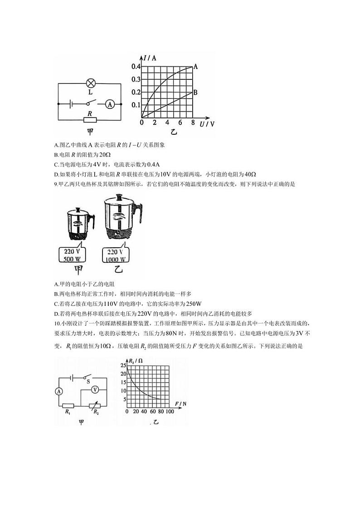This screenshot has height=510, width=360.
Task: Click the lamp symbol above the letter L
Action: (91, 83)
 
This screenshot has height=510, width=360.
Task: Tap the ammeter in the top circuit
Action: (109, 104)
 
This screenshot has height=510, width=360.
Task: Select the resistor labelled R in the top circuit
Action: (90, 120)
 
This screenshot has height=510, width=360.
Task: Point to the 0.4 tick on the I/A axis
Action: (136, 67)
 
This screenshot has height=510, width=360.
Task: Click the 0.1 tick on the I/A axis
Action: (136, 105)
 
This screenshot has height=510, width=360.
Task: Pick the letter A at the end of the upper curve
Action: (196, 66)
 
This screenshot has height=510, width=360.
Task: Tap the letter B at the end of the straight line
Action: (195, 92)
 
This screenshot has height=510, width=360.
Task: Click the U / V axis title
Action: (207, 124)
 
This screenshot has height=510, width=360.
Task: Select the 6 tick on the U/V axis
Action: (180, 123)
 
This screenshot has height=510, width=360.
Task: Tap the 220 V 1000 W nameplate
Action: (115, 255)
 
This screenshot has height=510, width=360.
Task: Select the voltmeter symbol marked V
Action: (95, 390)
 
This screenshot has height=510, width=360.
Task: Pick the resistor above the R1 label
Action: (68, 405)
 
